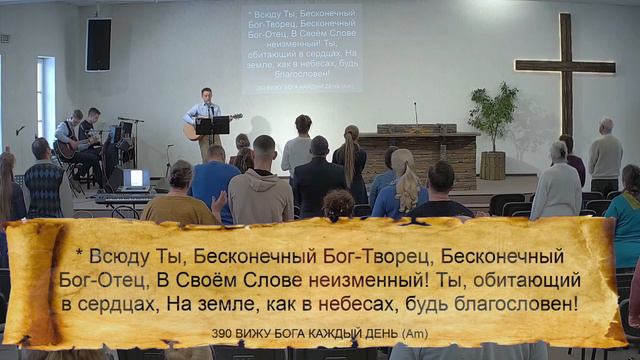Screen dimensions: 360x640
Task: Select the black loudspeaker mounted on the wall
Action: tap(99, 45)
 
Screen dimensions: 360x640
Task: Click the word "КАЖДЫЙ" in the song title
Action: tap(335, 333)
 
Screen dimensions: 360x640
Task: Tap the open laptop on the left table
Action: tap(136, 179)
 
